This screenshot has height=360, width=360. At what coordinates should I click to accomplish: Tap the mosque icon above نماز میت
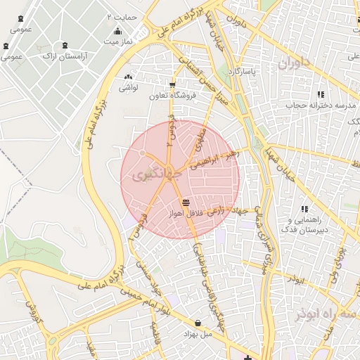point(117,31)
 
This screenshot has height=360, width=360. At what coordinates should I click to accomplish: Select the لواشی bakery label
point(128,88)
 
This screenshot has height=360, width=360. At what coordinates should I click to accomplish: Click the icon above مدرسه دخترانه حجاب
point(321,94)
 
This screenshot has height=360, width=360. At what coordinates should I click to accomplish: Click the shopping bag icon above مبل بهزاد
point(198,323)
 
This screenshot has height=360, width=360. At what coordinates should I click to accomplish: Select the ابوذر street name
point(297,279)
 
